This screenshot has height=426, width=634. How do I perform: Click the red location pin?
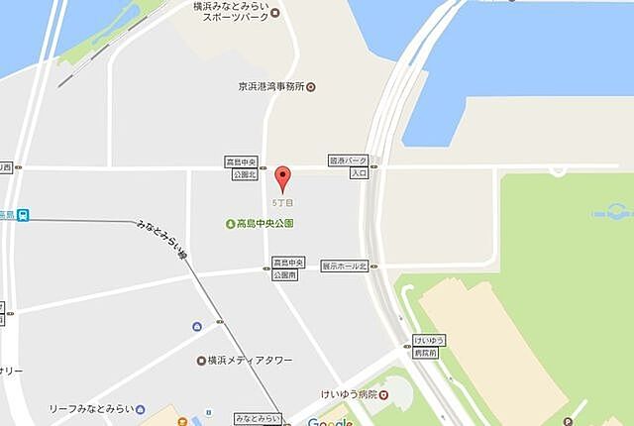(283, 178)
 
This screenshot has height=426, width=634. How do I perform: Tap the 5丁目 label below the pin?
(283, 203)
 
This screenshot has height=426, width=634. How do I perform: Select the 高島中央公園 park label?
(264, 224)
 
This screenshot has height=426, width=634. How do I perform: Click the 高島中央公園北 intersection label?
(243, 167)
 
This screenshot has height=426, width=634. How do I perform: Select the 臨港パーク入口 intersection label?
(348, 165)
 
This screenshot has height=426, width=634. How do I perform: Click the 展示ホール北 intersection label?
(344, 266)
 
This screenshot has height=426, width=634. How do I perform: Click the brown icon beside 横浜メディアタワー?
(202, 360)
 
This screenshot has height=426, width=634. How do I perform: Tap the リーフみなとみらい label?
(91, 408)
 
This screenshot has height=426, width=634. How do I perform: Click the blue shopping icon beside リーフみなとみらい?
(141, 408)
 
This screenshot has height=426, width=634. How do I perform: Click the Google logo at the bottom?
(329, 420)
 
